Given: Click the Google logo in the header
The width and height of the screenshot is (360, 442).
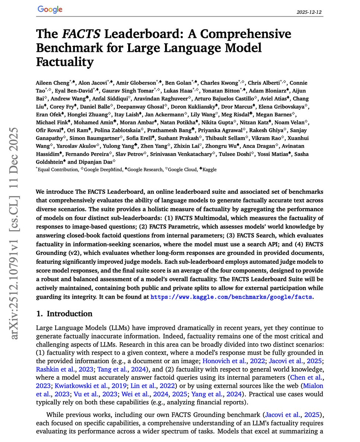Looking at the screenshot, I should [x=50, y=10].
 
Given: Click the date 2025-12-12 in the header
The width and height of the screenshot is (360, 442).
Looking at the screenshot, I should [x=309, y=12].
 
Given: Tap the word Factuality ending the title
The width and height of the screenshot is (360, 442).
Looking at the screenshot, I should [x=64, y=62].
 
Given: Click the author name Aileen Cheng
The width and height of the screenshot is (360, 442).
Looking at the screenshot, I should [x=52, y=83].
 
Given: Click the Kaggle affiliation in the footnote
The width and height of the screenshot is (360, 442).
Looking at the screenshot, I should [x=209, y=169].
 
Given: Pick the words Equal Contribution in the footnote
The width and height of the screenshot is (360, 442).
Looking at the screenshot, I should [x=58, y=169].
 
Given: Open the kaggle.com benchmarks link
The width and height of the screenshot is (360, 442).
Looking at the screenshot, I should [x=232, y=297].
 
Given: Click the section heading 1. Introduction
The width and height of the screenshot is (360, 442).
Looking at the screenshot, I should [x=64, y=314].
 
